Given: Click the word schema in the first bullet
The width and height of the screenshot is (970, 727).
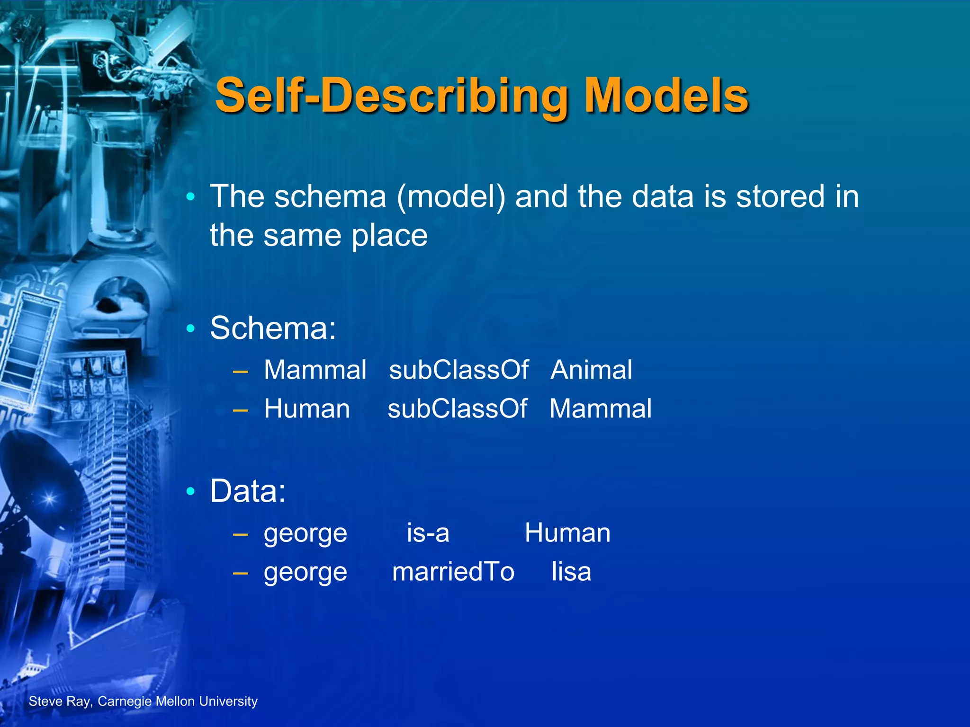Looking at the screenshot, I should pos(331,196).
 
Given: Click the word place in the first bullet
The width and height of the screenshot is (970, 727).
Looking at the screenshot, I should pos(389,236).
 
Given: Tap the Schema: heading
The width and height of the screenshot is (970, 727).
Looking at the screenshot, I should pos(273,328).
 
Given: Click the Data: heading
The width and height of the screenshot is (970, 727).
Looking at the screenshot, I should pos(248,491).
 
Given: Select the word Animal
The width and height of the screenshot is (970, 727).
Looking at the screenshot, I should pos(591,370).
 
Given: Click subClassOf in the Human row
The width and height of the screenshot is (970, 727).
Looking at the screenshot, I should pos(457,408).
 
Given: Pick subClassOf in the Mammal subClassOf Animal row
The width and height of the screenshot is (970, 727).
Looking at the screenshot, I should pos(458,370).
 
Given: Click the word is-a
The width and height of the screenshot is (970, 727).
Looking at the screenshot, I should pos(428,533).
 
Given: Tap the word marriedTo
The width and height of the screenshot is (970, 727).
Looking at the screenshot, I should pos(453,572).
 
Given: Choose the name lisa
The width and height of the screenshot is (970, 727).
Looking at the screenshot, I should pos(571,572).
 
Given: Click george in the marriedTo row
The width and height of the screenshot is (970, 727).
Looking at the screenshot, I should pos(305,573).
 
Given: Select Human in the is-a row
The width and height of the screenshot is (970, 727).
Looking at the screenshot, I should pos(567,533).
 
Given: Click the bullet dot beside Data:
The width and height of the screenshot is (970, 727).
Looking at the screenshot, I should pos(190,492).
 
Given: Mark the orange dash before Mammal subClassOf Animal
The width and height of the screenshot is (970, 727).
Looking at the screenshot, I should pos(241,371).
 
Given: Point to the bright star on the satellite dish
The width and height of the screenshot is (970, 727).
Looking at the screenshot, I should pos(49,499).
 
